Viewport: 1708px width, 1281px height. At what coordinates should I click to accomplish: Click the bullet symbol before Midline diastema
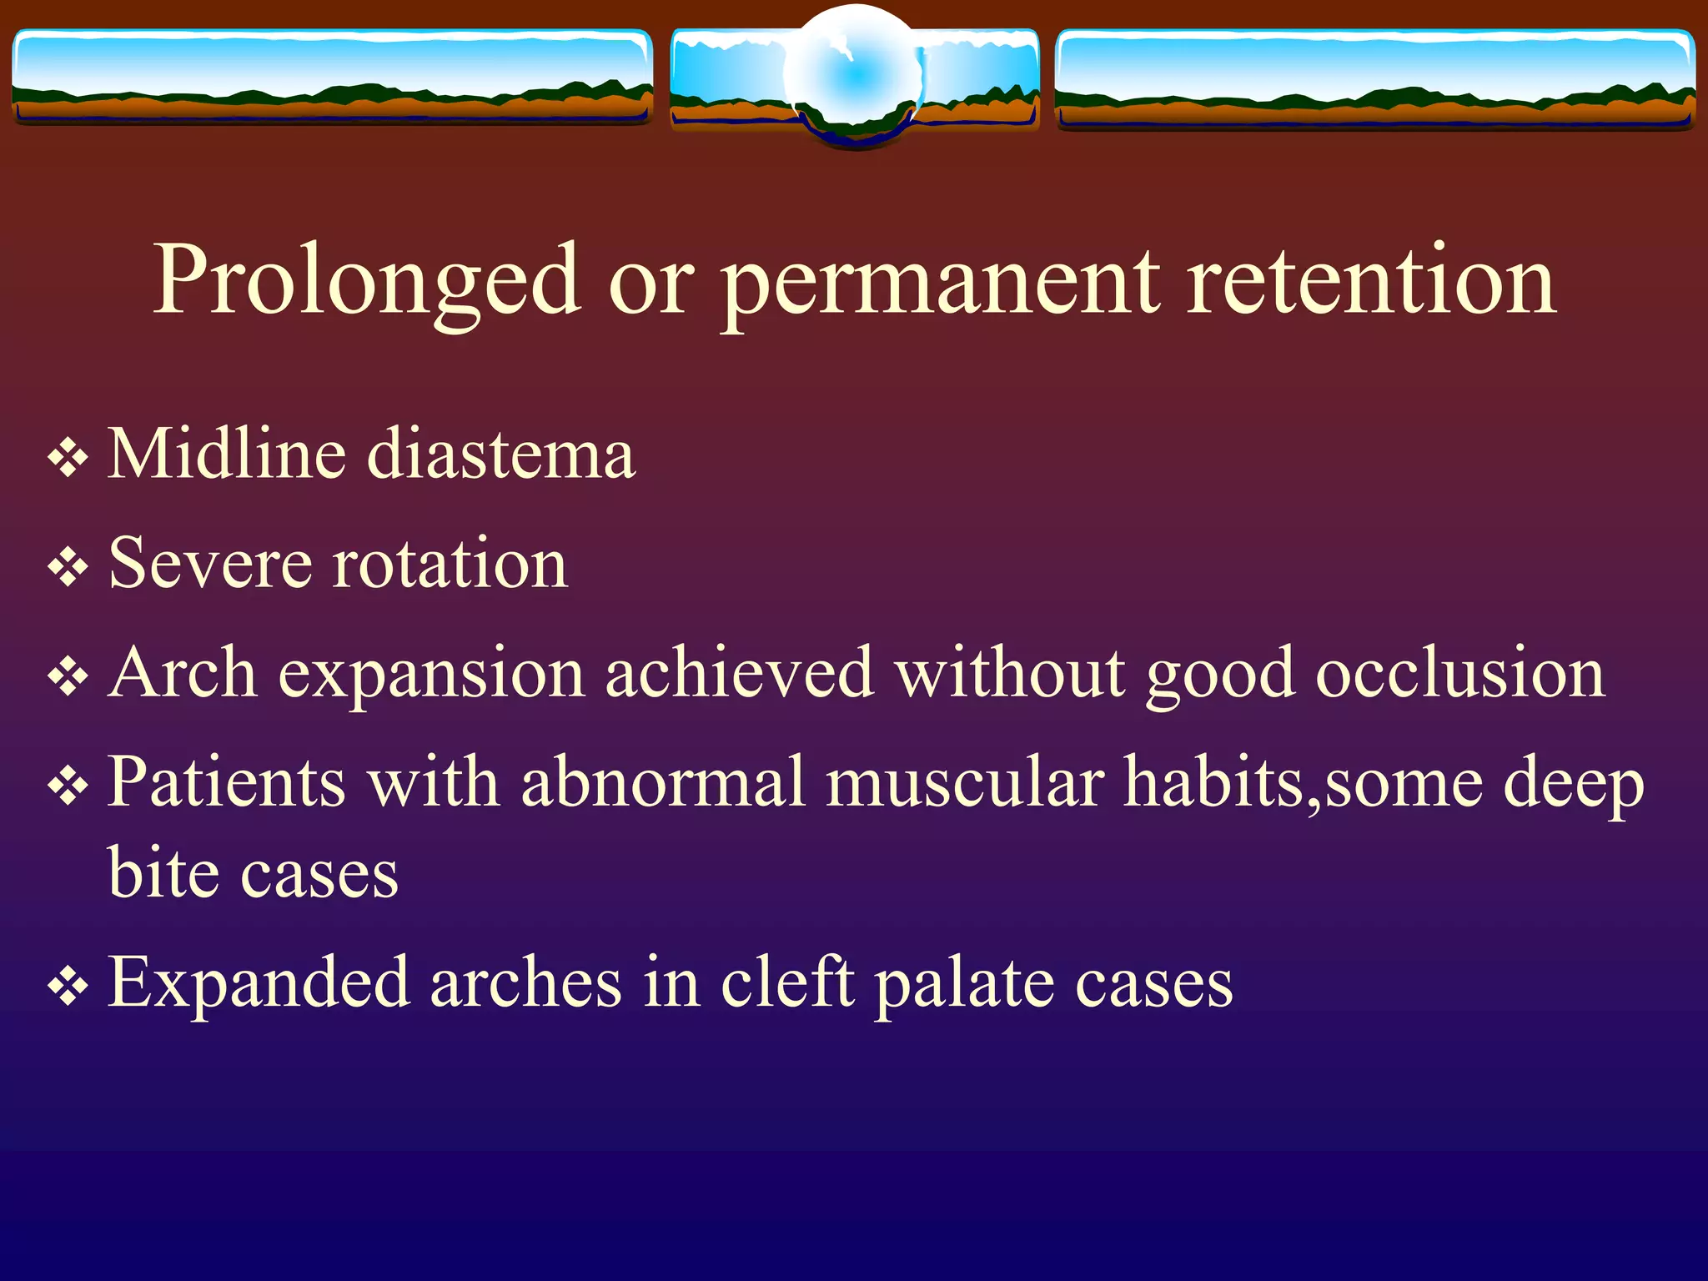68,458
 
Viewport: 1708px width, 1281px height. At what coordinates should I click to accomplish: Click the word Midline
227,455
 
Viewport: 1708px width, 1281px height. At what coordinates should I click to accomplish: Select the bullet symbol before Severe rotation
68,568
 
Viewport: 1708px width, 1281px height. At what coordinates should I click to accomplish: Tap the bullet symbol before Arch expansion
68,677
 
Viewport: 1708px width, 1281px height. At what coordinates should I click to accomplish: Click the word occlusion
1459,674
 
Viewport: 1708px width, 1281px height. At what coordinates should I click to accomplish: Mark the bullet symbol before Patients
68,786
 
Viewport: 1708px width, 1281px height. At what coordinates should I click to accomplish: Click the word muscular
965,783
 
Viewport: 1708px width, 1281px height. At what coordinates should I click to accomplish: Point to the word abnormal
663,783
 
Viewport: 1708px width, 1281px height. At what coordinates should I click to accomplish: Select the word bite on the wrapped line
163,874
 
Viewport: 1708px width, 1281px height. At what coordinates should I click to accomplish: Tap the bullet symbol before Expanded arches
68,987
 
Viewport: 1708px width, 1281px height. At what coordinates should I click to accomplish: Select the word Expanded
259,984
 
